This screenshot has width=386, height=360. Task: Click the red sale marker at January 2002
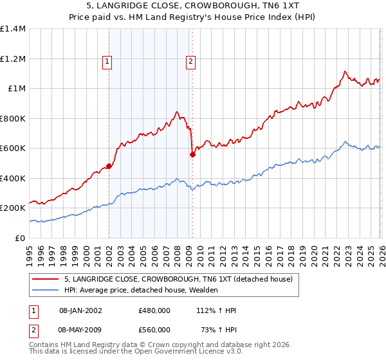(x=109, y=166)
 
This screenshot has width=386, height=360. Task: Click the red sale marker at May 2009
(x=192, y=154)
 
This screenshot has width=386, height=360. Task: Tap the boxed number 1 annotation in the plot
(x=107, y=62)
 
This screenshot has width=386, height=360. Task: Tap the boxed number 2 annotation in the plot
(x=191, y=62)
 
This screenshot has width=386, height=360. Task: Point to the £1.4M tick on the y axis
(x=12, y=29)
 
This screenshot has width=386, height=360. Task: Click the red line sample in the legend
(x=46, y=279)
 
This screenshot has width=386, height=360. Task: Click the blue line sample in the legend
(x=46, y=291)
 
